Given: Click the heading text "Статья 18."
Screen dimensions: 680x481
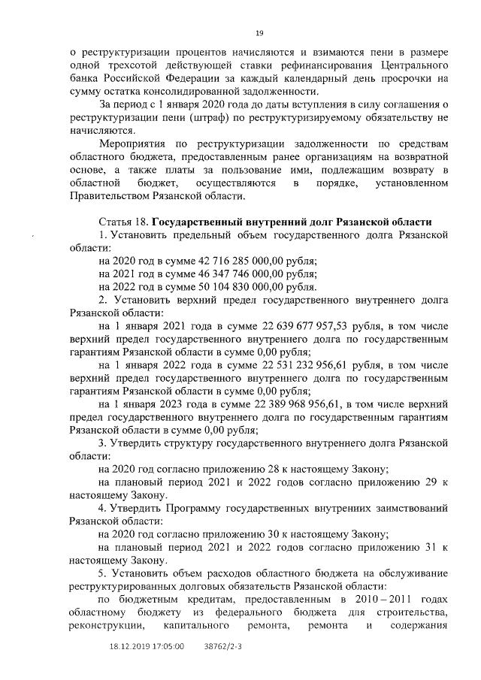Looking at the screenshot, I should (124, 222).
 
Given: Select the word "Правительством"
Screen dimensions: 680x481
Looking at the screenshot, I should (113, 196).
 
